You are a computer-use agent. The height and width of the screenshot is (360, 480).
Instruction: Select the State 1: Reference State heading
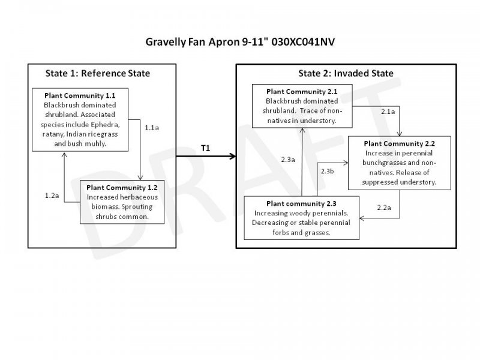98,74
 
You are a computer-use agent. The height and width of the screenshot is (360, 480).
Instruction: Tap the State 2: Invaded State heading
346,74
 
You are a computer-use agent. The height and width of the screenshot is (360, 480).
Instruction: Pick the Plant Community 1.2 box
123,201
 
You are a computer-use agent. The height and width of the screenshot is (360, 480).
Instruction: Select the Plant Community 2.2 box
400,163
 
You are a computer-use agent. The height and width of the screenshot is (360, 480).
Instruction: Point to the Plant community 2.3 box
301,217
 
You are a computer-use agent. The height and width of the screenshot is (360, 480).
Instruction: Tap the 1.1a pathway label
152,127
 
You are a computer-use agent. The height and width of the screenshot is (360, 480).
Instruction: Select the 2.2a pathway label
384,208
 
